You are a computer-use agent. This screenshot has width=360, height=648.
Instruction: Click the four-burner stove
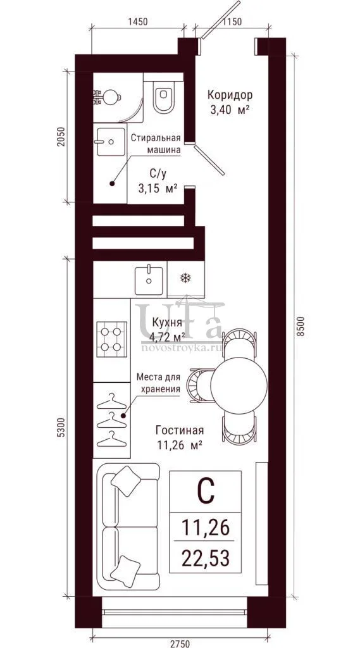(x=111, y=339)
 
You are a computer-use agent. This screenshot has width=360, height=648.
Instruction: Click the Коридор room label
(x=230, y=95)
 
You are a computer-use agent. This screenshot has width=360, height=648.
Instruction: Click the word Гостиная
(x=180, y=430)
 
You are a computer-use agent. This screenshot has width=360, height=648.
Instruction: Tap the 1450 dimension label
(x=138, y=22)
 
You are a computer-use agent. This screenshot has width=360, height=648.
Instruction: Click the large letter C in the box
(x=206, y=490)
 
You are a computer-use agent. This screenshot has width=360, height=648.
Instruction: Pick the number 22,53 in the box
(x=206, y=559)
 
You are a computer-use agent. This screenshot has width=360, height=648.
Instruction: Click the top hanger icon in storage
(x=111, y=401)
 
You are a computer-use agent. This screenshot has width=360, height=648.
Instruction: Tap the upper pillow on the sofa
(x=126, y=481)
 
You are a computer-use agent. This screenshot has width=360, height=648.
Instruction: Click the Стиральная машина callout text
(x=157, y=144)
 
